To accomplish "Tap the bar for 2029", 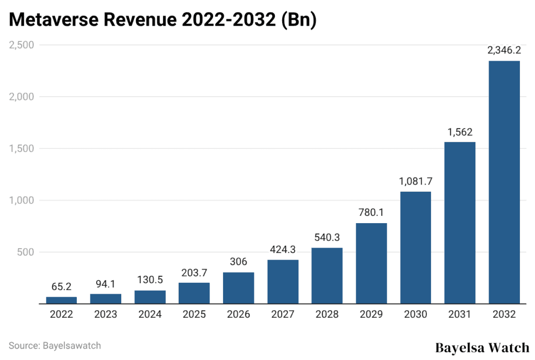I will point(371,263).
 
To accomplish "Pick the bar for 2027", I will point(283,282).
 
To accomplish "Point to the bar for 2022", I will point(61,300).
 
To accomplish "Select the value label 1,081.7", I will point(416,181).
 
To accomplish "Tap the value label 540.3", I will point(327,237).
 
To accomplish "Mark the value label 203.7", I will point(194,272).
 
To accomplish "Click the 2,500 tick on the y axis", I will point(21,45).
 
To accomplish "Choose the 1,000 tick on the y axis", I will point(21,200).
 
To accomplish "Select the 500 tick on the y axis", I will point(26,252).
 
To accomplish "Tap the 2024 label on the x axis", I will point(150,315).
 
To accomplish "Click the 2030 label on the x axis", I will point(416,315).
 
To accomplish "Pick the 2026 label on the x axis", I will point(239,315).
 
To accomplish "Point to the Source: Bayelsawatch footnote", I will point(55,345).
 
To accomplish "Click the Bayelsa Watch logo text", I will point(482,347).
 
